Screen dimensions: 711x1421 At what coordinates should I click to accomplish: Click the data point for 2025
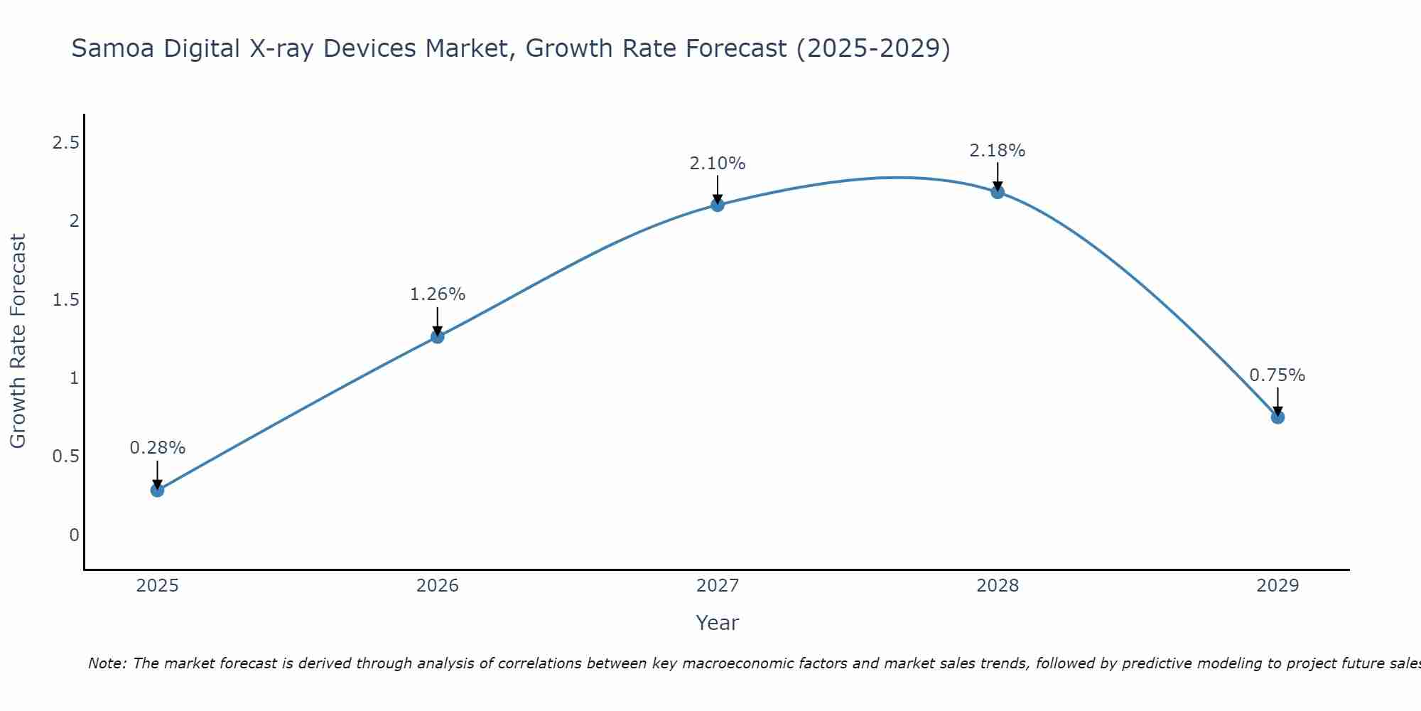point(158,490)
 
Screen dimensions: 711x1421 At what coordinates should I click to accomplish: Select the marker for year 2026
point(438,336)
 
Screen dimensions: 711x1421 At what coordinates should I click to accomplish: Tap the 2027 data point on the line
point(718,205)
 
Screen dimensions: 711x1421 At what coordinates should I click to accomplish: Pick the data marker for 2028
point(998,192)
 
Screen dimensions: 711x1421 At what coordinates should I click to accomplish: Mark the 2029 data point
point(1277,417)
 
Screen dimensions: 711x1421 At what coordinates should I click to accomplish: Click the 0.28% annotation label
point(158,448)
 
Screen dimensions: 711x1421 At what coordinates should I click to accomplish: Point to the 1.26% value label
point(438,294)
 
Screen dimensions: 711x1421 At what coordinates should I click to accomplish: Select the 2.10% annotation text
point(718,164)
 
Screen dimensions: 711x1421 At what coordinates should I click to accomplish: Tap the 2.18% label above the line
point(998,151)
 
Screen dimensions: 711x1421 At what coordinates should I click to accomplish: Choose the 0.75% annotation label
point(1277,375)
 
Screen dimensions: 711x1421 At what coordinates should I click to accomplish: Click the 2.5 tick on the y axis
point(65,143)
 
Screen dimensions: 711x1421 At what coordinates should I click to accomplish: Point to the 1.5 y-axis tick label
point(65,300)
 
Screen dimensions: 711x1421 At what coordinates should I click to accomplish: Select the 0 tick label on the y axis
point(74,535)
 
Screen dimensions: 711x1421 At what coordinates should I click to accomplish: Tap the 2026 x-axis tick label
point(438,586)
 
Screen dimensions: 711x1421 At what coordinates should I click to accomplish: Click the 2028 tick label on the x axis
point(998,586)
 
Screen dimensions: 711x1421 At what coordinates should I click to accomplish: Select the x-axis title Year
point(718,623)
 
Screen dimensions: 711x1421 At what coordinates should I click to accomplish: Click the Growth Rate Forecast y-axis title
point(18,341)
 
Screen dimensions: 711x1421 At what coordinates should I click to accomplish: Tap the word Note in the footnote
point(107,663)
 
